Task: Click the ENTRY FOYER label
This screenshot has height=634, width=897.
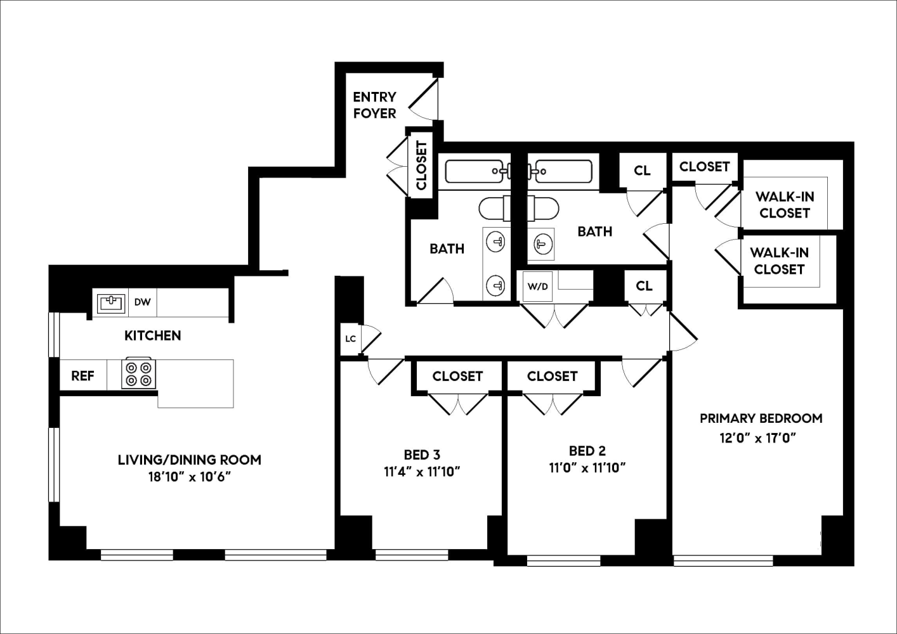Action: (374, 105)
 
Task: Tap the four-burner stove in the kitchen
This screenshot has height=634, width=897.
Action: (139, 374)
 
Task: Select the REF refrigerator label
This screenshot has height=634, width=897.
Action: (82, 376)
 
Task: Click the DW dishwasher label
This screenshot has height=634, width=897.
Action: (142, 302)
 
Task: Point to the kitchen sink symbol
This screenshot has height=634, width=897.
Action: (112, 303)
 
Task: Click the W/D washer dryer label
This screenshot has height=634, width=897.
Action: (537, 287)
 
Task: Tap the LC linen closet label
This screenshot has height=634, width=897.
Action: (350, 339)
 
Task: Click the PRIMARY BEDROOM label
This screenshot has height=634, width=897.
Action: (761, 418)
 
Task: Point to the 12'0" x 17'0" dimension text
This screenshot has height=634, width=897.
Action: (757, 438)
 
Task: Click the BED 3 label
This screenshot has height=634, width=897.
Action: (422, 455)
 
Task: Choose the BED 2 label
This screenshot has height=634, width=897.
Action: (587, 451)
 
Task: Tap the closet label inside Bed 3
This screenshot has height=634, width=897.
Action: (457, 377)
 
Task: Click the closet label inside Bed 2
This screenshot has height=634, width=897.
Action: (552, 377)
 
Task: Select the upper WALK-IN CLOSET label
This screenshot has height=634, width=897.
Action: (785, 205)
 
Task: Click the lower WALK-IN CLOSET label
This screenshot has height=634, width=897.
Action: (779, 261)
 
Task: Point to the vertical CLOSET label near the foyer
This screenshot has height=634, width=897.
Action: (421, 165)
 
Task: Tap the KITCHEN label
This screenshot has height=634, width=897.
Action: (152, 336)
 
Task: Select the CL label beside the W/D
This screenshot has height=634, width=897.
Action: (644, 287)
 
